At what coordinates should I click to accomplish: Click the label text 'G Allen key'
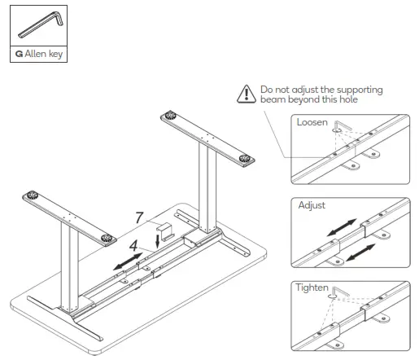pyautogui.click(x=39, y=55)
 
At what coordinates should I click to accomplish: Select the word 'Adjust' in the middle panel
pyautogui.click(x=312, y=205)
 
